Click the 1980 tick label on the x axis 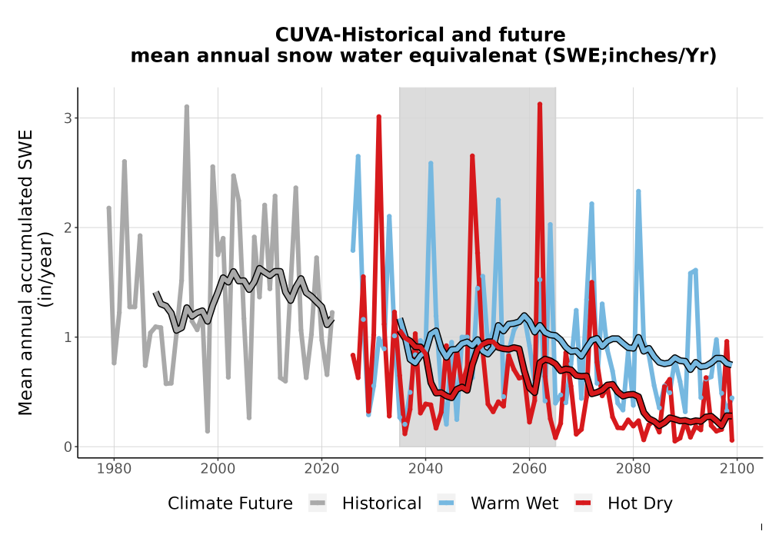[x=114, y=469]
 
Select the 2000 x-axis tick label [x=218, y=469]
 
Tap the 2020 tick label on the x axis [x=321, y=469]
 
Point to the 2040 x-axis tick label [x=425, y=469]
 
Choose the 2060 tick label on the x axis [x=529, y=469]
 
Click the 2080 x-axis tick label [x=633, y=469]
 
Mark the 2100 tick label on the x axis [x=737, y=469]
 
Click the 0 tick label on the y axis [x=68, y=447]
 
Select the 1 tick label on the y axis [x=68, y=337]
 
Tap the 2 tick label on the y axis [x=68, y=227]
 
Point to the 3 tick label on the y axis [x=68, y=118]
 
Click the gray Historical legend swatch [x=318, y=503]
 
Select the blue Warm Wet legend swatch [x=446, y=503]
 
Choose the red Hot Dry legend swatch [x=583, y=503]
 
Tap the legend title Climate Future [x=230, y=503]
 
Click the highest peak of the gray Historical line [x=187, y=106]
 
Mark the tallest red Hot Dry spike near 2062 [x=540, y=105]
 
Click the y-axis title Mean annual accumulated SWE [x=25, y=272]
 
